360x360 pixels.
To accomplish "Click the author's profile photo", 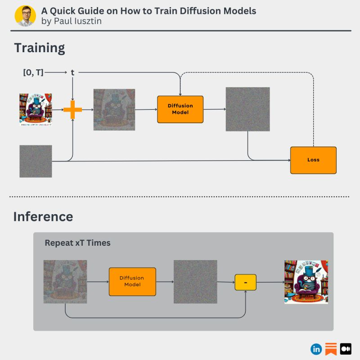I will tap(25, 16).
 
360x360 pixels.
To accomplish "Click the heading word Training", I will tap(39, 48).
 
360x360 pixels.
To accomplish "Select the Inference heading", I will tap(43, 216).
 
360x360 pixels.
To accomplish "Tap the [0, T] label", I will tap(33, 72).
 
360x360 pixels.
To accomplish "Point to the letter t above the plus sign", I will tap(72, 72).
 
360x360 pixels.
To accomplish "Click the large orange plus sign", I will tap(72, 109).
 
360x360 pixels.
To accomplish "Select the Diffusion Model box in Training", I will tap(180, 109).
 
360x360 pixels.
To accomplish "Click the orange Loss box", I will tap(313, 160).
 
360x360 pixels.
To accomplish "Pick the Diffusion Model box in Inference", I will tap(132, 282).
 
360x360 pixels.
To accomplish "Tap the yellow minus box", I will tap(245, 282).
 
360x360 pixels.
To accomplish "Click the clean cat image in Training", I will tap(36, 109).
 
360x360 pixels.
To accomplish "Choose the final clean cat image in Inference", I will tap(306, 282).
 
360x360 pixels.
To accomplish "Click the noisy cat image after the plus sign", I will tap(114, 109).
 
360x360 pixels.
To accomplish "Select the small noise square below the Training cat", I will tap(36, 161).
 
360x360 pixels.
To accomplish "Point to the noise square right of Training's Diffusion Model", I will tap(247, 109).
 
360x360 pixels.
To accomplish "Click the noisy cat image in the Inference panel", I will tap(65, 281).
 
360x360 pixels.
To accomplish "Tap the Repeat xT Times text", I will tap(77, 243).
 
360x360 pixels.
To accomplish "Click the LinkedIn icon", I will tap(316, 349).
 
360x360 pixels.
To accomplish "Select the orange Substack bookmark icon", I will tap(331, 349).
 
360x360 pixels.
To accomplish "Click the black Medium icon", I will tap(346, 349).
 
